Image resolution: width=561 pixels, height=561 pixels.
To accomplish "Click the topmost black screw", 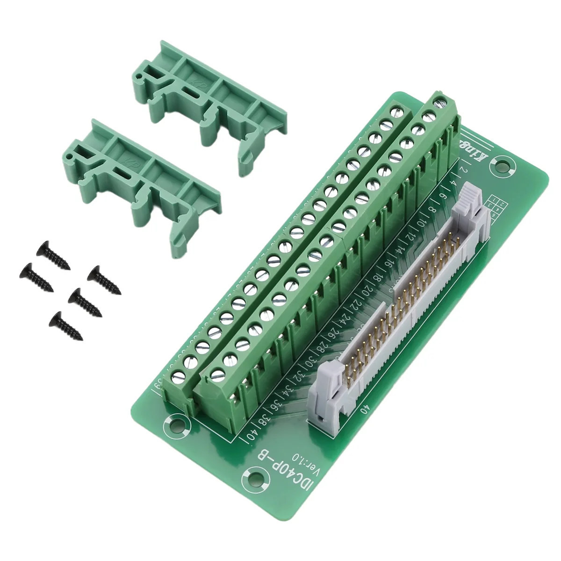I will point(52,255).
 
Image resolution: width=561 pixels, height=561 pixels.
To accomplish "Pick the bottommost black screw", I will point(65,325).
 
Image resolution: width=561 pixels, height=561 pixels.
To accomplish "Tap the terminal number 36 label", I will point(276,403).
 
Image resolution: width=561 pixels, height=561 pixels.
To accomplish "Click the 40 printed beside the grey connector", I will point(364,408).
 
